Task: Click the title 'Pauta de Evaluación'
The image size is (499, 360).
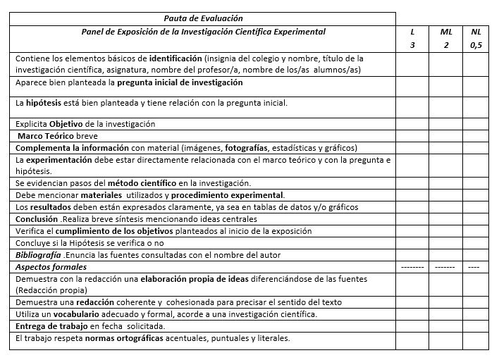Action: pos(203,18)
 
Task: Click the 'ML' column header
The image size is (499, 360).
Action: pos(445,32)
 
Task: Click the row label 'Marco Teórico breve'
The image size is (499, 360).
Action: pos(58,136)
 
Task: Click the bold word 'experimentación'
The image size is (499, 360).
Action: pos(60,160)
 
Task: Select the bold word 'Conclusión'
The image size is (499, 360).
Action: pos(37,219)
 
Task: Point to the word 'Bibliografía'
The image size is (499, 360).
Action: pos(39,255)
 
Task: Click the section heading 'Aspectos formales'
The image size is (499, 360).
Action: pos(51,267)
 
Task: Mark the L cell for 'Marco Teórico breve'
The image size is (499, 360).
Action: pos(412,136)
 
